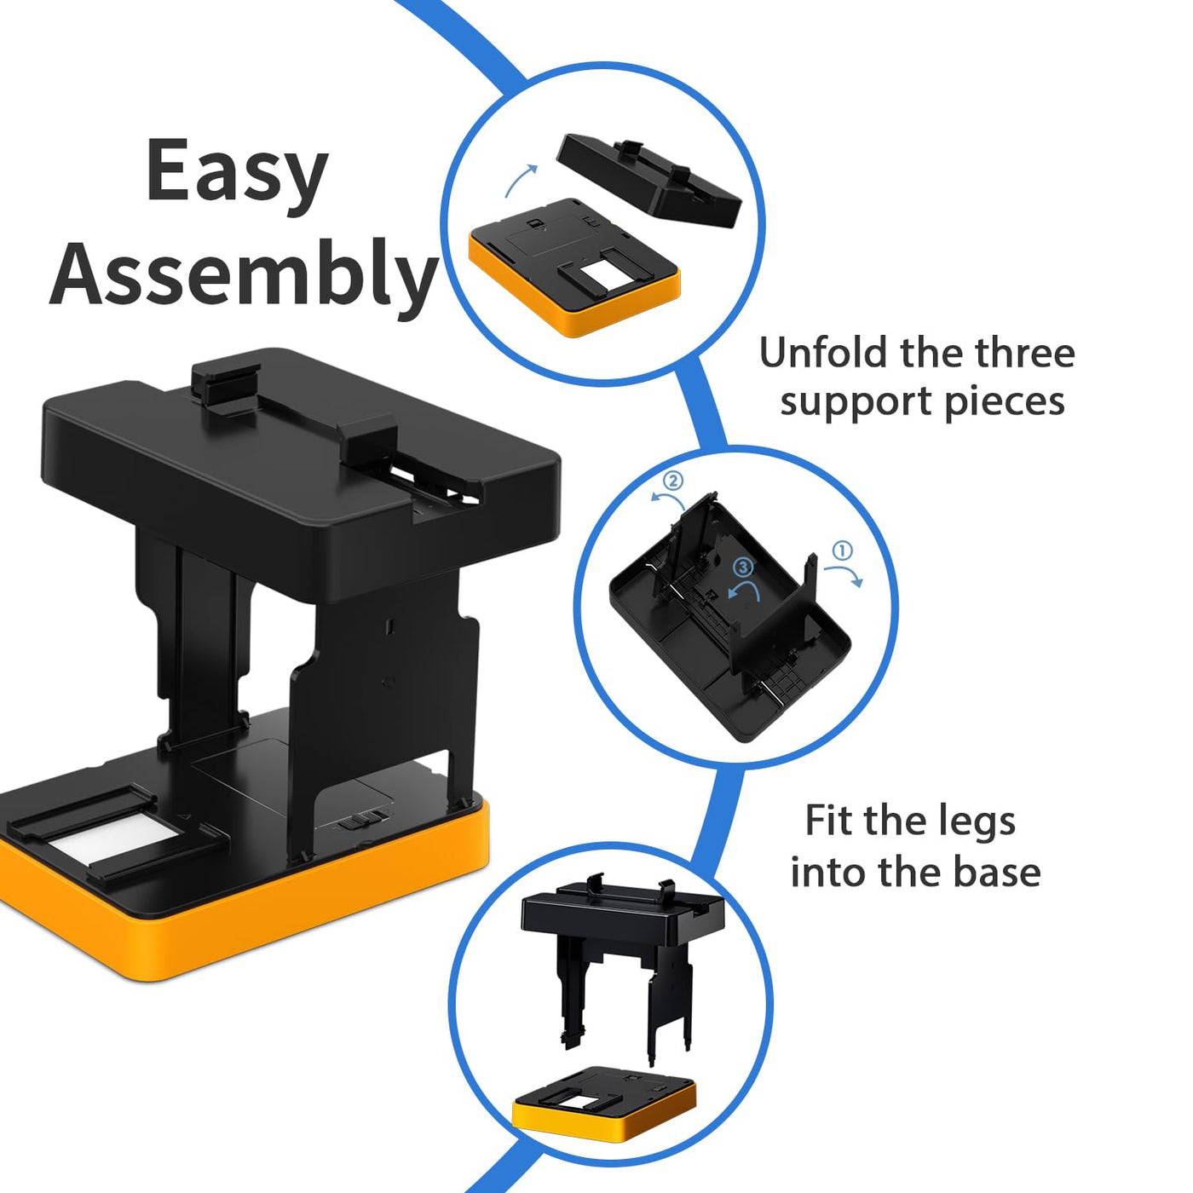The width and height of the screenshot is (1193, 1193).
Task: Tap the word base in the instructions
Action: coord(997,872)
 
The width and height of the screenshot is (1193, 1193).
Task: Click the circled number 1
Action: coord(843,550)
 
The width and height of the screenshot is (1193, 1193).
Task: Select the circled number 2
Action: coord(673,481)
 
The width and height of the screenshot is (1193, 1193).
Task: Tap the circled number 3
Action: coord(744,567)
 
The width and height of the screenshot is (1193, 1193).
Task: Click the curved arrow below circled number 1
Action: coord(844,573)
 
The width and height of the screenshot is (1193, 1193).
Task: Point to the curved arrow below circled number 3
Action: coord(746,588)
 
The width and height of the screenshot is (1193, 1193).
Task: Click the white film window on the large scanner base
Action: coord(118,839)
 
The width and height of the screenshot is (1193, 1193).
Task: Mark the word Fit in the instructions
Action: coord(829,821)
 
